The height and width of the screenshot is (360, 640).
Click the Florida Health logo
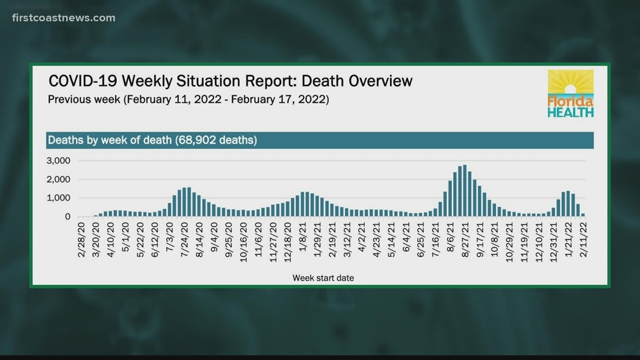coord(570,93)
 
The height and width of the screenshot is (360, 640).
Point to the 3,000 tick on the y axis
coord(58,161)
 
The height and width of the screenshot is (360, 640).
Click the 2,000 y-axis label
coord(58,179)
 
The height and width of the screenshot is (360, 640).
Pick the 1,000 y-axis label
coord(58,198)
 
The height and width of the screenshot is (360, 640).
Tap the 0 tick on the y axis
coord(67,216)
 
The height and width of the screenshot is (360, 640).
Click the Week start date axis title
coord(323,277)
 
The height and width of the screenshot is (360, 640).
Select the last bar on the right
coord(583,215)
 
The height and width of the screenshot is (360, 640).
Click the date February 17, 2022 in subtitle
coord(286,100)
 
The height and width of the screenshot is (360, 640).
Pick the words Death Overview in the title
coord(357,81)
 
